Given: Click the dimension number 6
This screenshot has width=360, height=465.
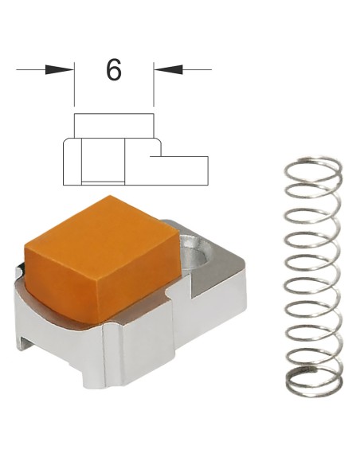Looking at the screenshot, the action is coord(114,70).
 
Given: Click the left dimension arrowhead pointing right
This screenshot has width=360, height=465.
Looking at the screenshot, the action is coord(59,70).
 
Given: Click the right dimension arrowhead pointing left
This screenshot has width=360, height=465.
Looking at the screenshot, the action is coord(168,70).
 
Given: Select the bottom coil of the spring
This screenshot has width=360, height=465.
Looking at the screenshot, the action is coord(315,382).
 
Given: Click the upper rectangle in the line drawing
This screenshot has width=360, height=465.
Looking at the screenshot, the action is coord(114,126).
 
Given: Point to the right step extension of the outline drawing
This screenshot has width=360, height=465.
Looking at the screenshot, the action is coord(179,170).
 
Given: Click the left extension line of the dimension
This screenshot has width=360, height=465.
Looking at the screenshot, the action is coord(74,84).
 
